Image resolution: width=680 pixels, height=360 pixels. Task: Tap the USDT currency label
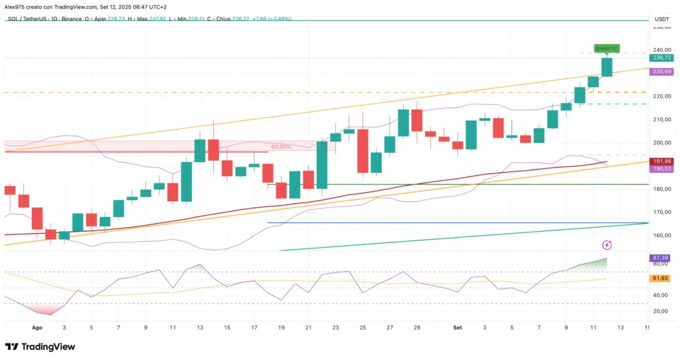pos(661,19)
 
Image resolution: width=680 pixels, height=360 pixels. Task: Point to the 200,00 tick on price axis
pos(661,143)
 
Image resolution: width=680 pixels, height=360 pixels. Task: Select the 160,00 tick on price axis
pos(661,235)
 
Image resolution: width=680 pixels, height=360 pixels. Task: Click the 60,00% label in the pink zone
pos(281,146)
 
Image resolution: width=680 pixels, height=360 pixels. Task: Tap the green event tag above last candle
pos(606,48)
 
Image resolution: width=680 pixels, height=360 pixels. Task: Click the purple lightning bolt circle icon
pos(606,245)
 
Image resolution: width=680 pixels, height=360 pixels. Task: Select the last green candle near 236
pos(606,67)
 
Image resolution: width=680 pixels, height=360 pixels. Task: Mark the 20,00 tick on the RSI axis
pos(661,311)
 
